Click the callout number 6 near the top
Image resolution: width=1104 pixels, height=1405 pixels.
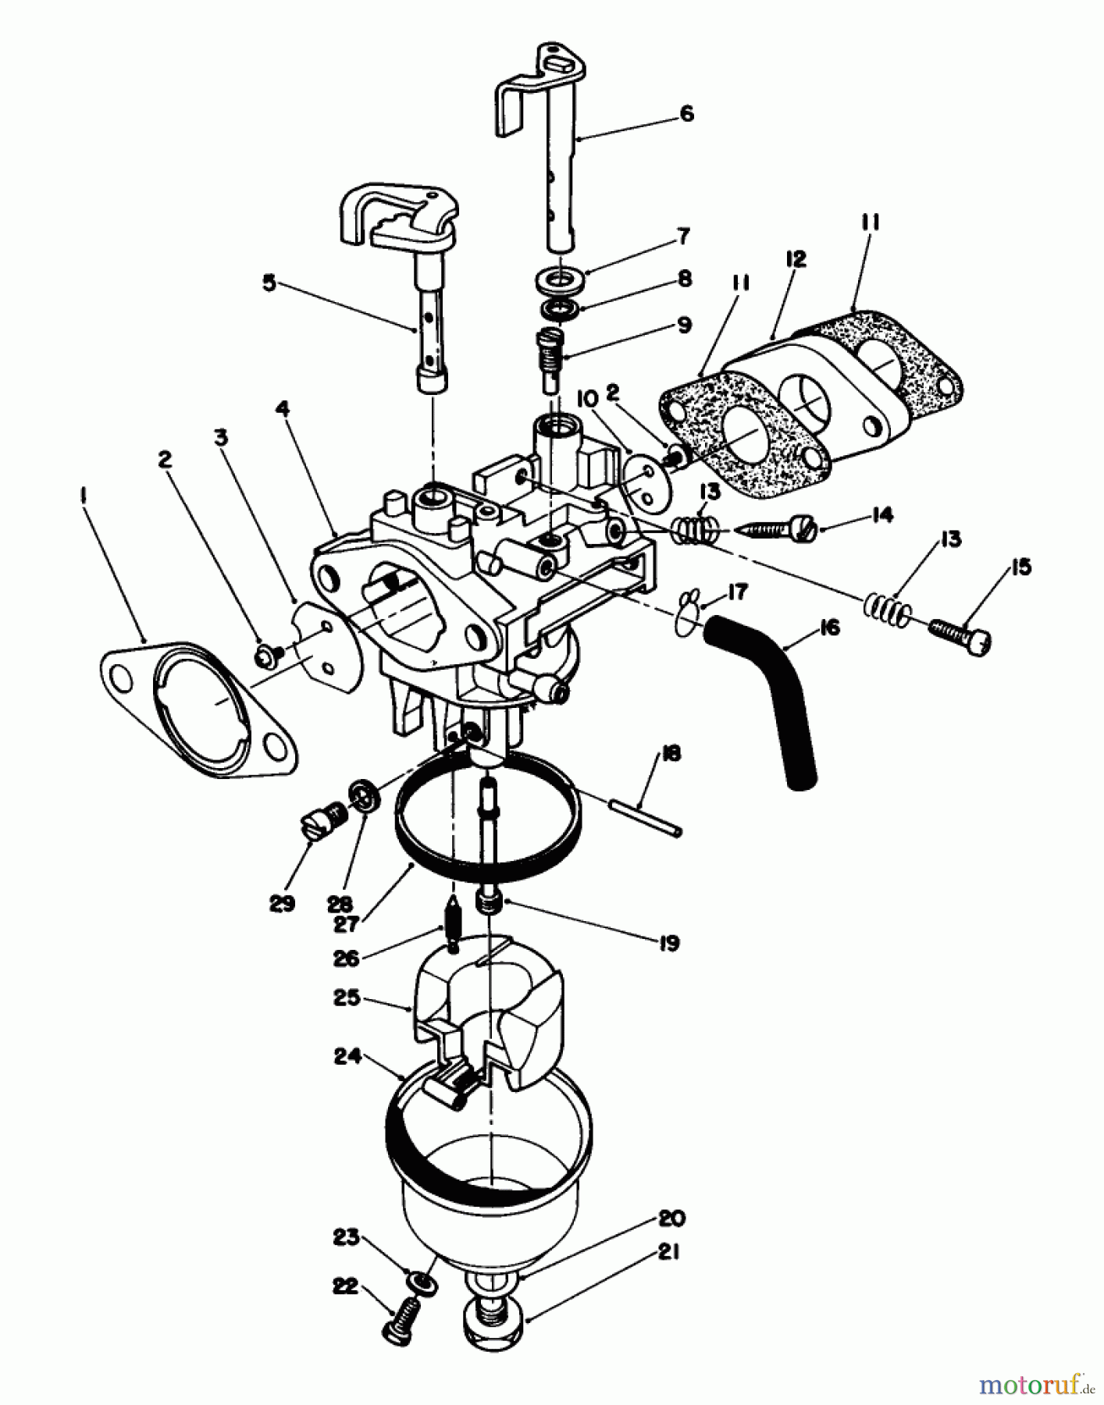(686, 114)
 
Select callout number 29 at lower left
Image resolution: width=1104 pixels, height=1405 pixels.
(283, 903)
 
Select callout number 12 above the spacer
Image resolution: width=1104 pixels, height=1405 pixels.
(796, 260)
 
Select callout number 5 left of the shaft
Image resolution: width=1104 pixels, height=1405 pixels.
(269, 283)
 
